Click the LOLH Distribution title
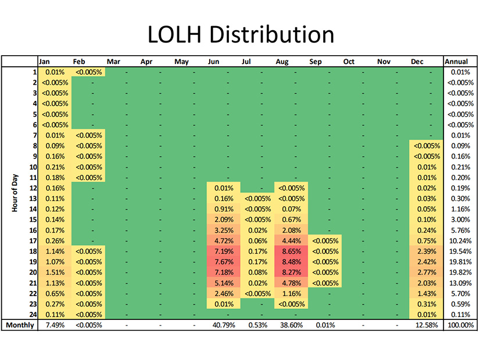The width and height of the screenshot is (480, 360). point(240,34)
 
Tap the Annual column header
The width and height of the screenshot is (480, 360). point(456,61)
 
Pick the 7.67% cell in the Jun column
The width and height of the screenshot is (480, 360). point(223,262)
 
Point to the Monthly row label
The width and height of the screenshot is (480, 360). point(20,325)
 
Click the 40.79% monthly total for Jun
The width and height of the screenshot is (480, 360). point(223,325)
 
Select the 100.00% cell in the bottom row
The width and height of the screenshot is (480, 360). point(458,325)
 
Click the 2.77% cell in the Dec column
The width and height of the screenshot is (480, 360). point(427,272)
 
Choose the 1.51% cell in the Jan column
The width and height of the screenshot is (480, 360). point(53,272)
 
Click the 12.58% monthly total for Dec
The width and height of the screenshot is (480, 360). point(427,325)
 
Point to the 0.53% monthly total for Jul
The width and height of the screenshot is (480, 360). point(257,325)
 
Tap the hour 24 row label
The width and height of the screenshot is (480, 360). point(33,314)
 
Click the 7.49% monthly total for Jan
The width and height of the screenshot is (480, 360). point(53,325)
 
